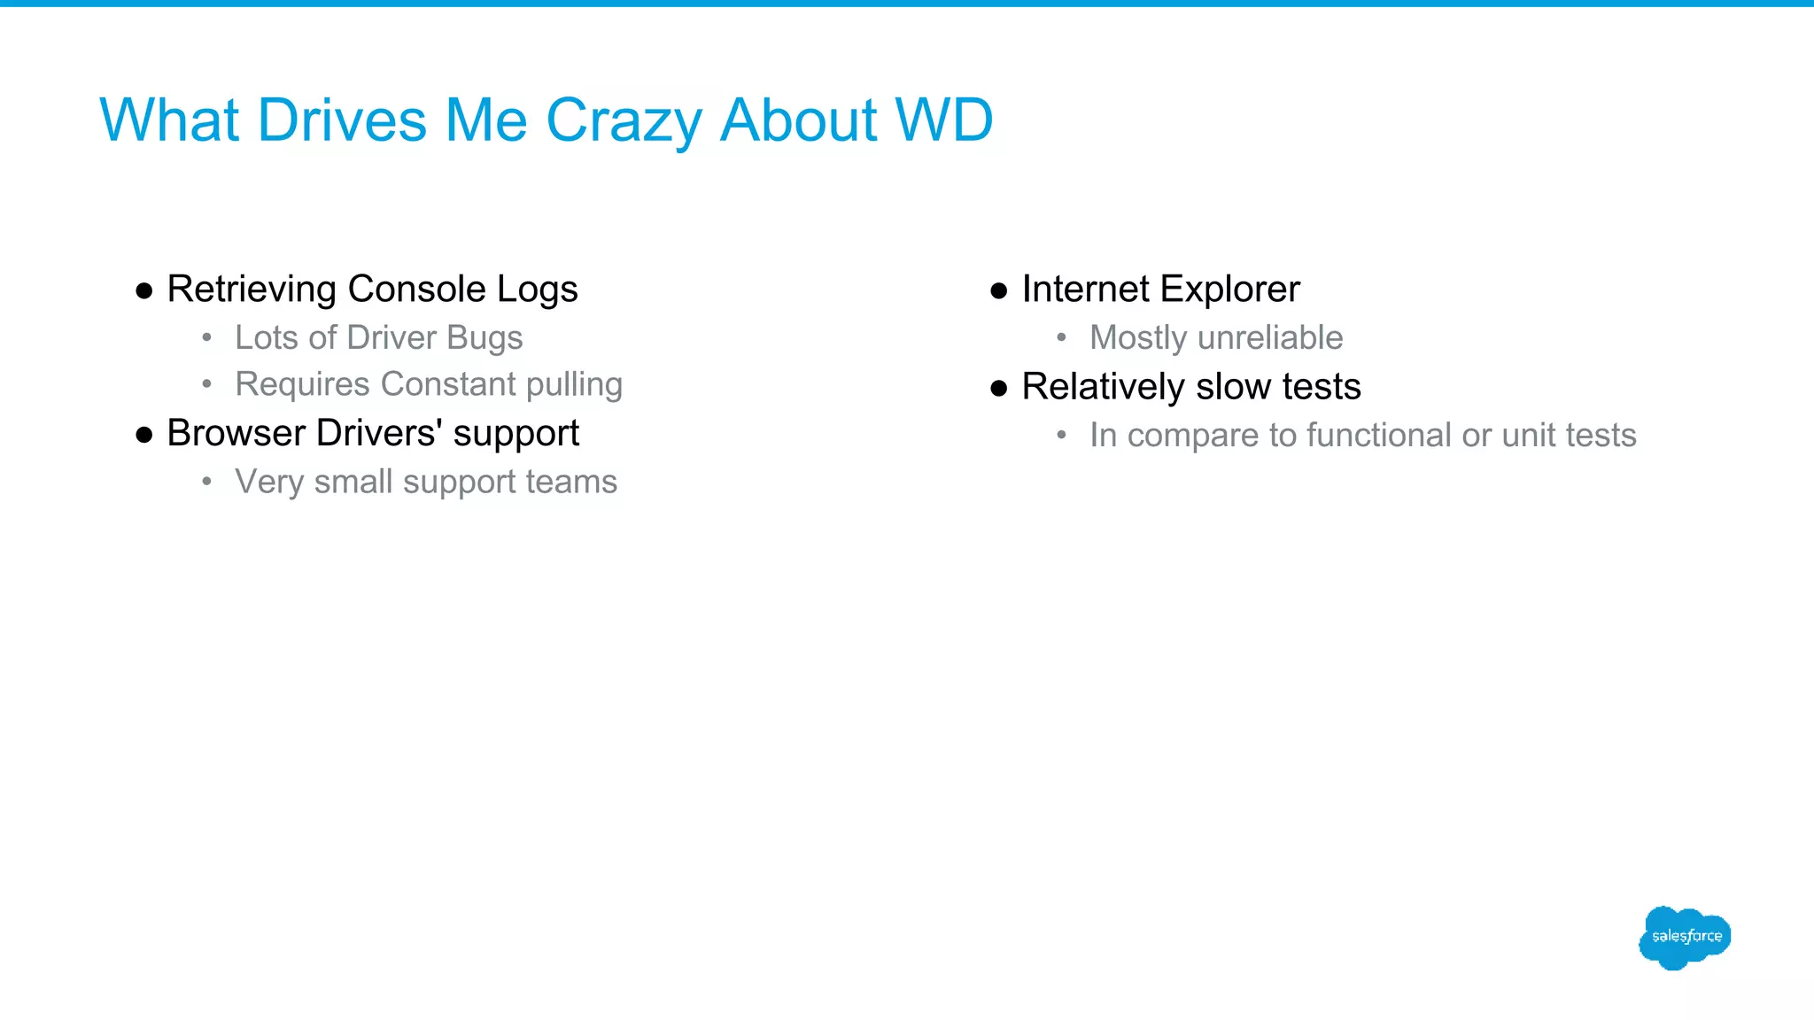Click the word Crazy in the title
624,121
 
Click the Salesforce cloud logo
1685,937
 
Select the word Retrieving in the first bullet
252,290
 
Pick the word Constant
448,384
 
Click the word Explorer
1229,290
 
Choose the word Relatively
1103,387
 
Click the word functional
1378,435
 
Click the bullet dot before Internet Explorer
999,291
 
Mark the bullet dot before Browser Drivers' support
144,435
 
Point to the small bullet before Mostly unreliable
1061,337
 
